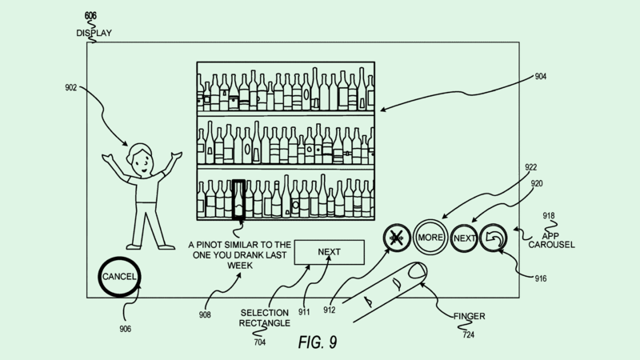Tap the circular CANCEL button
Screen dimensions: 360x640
click(x=119, y=277)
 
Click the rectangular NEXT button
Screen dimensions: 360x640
click(x=329, y=252)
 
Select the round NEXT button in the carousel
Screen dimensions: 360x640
click(x=465, y=238)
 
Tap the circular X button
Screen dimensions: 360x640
click(x=396, y=238)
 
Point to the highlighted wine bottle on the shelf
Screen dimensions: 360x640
click(x=238, y=198)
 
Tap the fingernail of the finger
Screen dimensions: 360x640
click(x=416, y=272)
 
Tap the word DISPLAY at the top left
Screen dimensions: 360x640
click(x=95, y=33)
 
